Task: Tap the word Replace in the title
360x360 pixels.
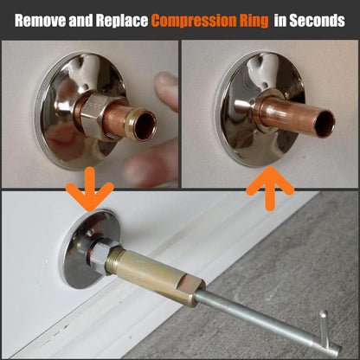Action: coord(122,21)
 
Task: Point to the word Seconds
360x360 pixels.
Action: coord(317,21)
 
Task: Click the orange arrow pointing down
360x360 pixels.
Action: coord(90,189)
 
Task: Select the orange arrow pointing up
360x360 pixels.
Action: coord(270,189)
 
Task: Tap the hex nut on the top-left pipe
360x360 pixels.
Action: coord(95,115)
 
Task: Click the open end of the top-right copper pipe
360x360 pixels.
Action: coord(325,124)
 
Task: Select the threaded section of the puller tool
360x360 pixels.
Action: coord(115,260)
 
